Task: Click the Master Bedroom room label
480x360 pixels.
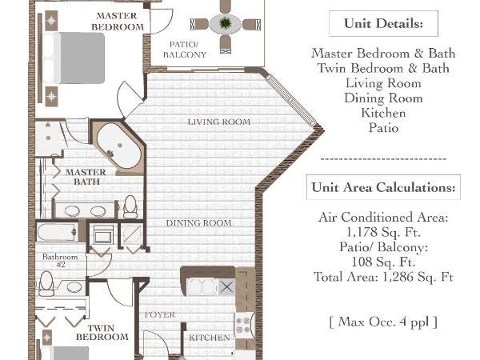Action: (118, 22)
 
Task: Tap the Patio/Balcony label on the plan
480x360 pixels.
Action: (185, 50)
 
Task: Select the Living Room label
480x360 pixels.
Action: (219, 122)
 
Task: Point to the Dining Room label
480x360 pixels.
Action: (198, 223)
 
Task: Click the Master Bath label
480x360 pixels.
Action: (86, 177)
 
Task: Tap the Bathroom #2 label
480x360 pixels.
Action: (60, 260)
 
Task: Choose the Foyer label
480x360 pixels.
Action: (160, 314)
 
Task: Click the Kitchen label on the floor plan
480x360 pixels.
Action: (210, 338)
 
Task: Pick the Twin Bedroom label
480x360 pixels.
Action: (102, 333)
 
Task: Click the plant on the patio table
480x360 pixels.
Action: (225, 23)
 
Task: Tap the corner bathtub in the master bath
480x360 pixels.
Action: (119, 146)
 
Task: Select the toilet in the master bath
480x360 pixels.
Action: (130, 207)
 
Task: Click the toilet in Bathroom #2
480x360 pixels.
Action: (46, 284)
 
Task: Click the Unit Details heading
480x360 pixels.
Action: (383, 23)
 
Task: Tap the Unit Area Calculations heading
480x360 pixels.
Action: (383, 187)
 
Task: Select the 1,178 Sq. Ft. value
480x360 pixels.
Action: (383, 232)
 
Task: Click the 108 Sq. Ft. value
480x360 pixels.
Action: (383, 262)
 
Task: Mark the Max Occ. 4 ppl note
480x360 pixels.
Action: (383, 322)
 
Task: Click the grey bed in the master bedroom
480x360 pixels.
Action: (79, 58)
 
